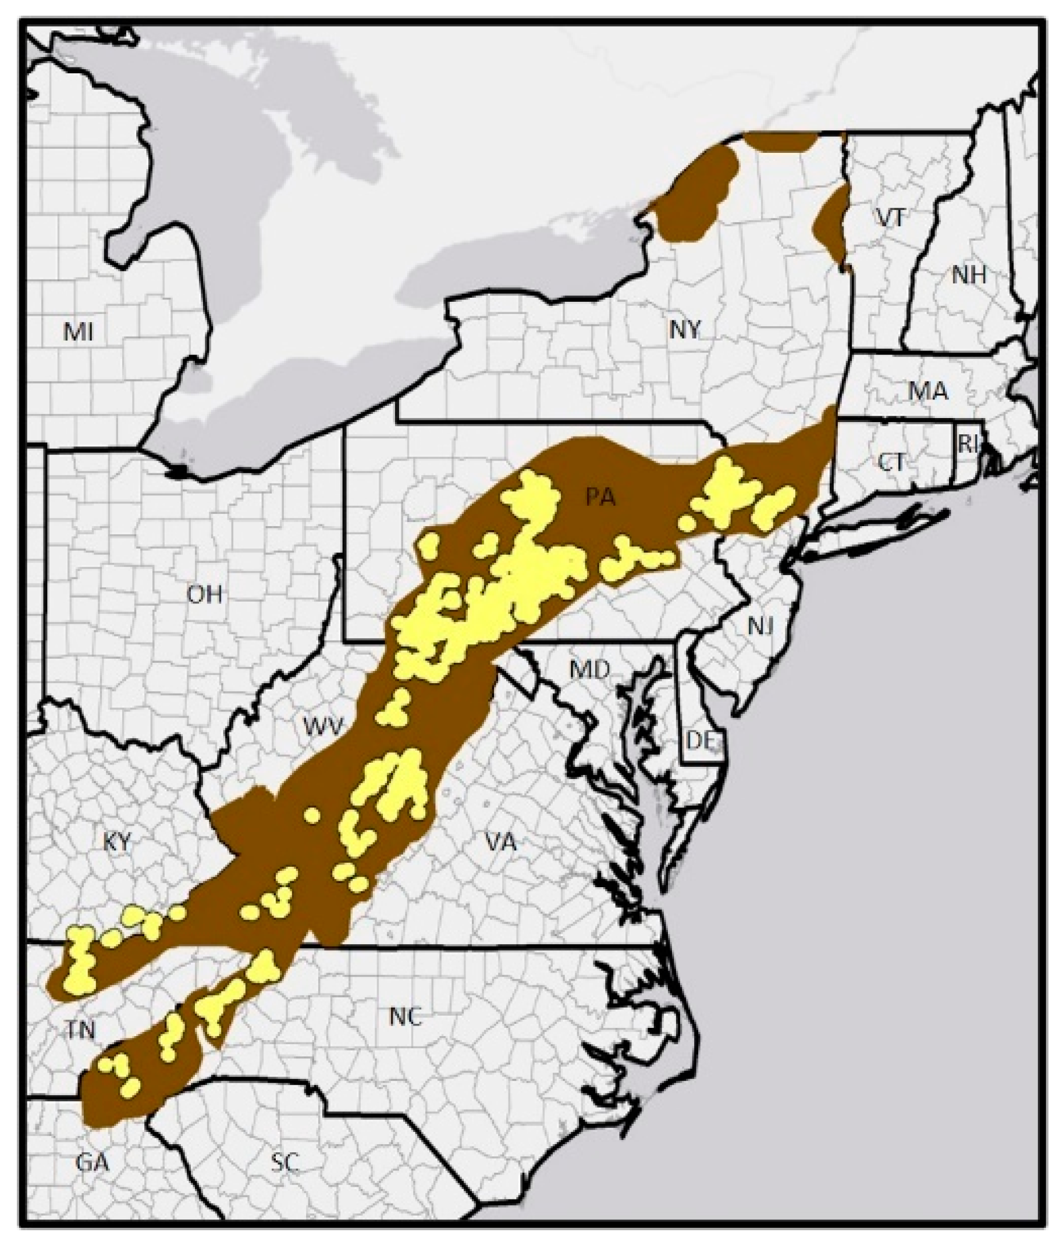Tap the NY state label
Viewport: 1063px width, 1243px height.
(685, 329)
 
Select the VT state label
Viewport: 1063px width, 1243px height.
(891, 219)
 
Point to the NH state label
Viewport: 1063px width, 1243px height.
(969, 276)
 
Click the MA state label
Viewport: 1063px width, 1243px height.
(928, 392)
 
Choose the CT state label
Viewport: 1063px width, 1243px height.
(891, 463)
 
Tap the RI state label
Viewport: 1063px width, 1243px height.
(968, 445)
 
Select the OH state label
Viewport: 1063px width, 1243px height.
(205, 595)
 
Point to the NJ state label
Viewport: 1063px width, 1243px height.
(760, 626)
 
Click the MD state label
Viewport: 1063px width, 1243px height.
(589, 670)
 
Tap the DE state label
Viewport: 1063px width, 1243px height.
(701, 741)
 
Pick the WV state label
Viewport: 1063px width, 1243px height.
(323, 727)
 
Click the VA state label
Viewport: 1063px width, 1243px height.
(501, 844)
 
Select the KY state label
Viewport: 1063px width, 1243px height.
(117, 842)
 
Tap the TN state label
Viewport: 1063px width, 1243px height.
(80, 1030)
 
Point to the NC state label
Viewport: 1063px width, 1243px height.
(405, 1017)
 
